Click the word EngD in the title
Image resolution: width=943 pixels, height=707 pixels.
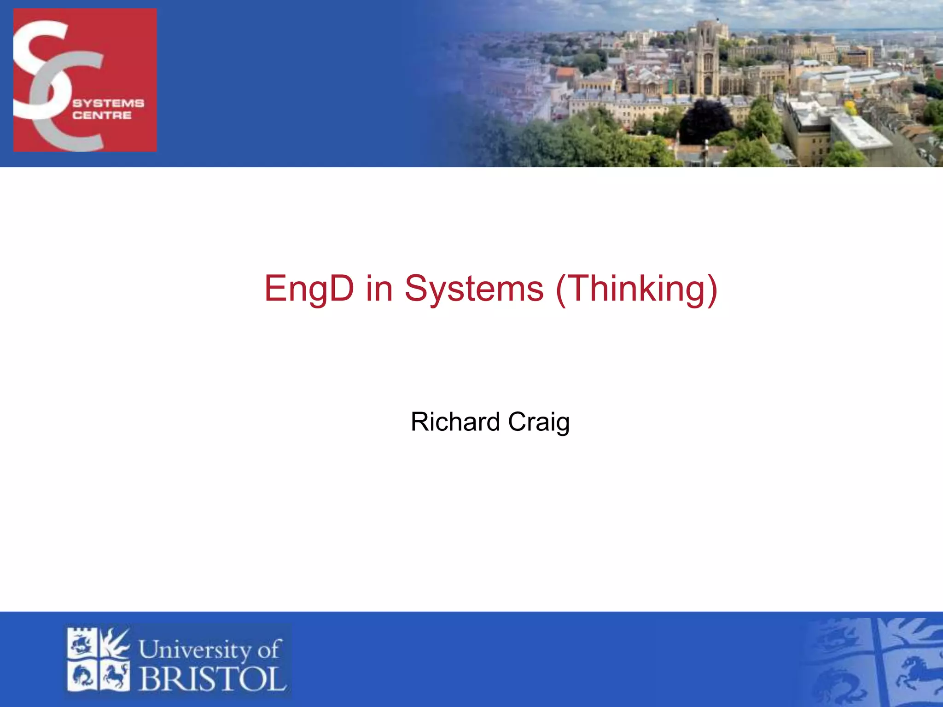(x=309, y=289)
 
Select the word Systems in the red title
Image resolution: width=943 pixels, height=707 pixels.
(x=474, y=289)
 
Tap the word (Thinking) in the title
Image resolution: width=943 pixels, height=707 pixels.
(x=637, y=289)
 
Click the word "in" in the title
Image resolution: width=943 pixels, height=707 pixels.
(x=379, y=289)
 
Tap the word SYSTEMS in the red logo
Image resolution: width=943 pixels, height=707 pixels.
(x=108, y=103)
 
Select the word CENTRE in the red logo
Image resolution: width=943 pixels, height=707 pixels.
(x=102, y=115)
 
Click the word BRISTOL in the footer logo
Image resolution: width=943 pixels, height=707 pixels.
(x=212, y=679)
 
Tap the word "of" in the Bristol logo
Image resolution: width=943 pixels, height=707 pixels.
(x=269, y=649)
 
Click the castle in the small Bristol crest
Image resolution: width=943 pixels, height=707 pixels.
(x=82, y=643)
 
